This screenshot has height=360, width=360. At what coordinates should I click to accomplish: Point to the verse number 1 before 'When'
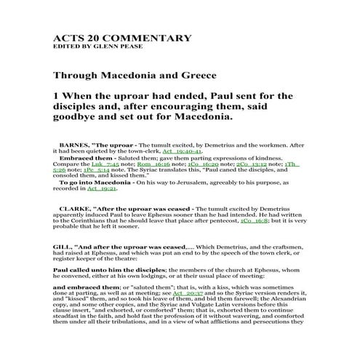click(x=56, y=96)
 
